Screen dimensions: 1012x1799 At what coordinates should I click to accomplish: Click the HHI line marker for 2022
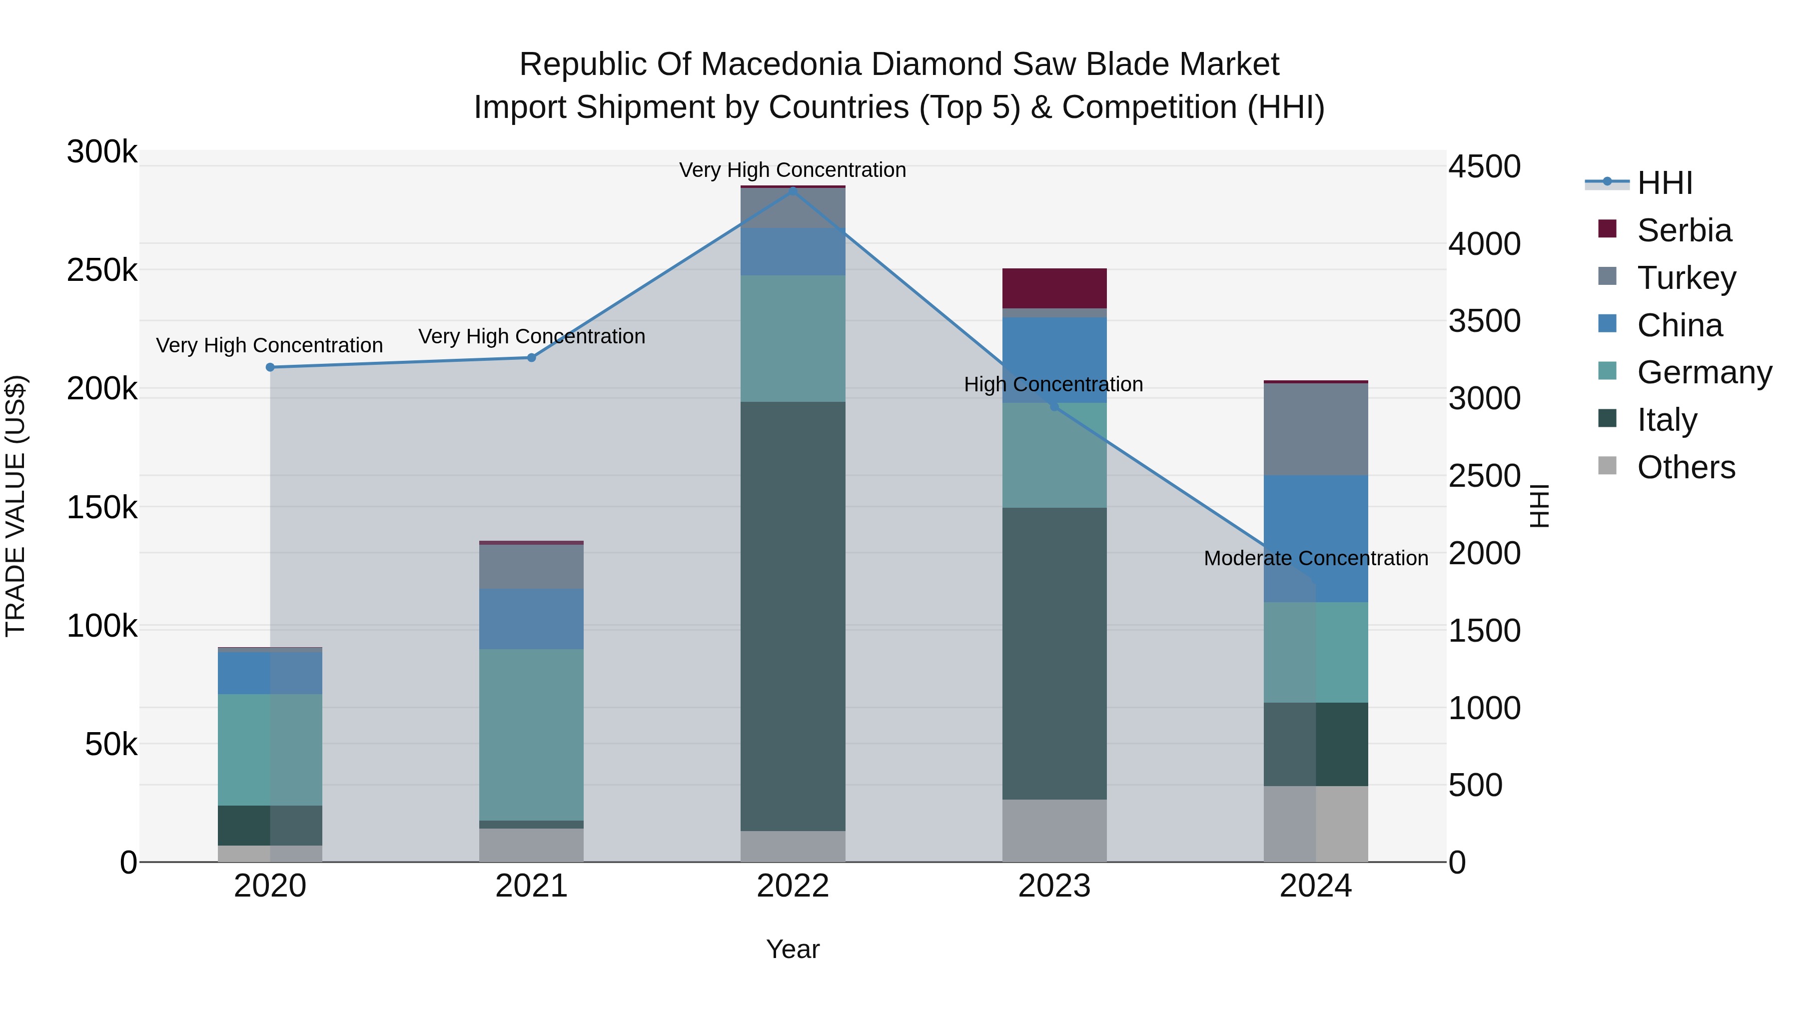pos(793,190)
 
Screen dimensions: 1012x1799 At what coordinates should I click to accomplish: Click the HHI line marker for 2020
pos(270,367)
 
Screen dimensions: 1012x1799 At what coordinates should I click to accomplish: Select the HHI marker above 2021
pos(532,358)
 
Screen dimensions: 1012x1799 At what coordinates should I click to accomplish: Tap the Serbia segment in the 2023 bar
pos(1054,288)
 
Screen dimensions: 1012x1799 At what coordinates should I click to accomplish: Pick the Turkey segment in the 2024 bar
pos(1316,429)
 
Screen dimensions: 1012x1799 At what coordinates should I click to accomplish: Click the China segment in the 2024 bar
pos(1316,538)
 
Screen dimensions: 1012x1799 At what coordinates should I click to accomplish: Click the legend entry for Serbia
pos(1683,230)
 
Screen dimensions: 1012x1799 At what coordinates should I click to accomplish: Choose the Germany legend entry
pos(1704,372)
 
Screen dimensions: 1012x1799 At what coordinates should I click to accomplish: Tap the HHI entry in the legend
pos(1664,183)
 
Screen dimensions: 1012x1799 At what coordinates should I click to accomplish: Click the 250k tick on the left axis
pos(102,270)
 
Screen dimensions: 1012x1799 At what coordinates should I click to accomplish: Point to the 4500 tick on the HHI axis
pos(1484,167)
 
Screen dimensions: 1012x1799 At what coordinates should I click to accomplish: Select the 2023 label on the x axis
pos(1054,886)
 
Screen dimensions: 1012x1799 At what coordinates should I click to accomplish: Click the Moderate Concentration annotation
pos(1316,559)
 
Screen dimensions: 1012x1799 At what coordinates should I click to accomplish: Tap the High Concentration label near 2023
pos(1053,385)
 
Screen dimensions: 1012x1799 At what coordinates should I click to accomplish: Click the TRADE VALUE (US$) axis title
pos(15,506)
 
